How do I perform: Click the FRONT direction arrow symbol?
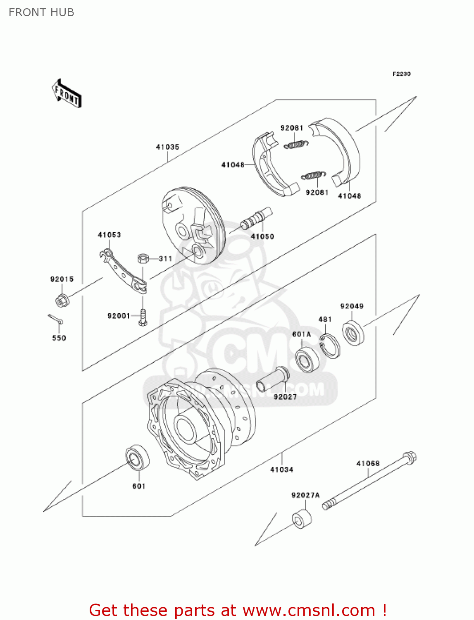[67, 94]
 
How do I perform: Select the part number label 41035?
[167, 147]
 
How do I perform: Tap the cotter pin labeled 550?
[55, 319]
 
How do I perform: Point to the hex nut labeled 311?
[143, 259]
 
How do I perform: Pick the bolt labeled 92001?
[143, 318]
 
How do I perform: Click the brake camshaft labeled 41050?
[257, 219]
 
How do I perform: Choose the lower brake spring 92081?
[314, 176]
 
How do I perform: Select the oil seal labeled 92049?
[353, 333]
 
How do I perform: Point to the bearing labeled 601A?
[307, 360]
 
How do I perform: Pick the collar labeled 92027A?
[302, 519]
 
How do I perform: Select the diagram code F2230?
[401, 74]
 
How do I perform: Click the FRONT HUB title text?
[41, 12]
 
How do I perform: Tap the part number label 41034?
[281, 470]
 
